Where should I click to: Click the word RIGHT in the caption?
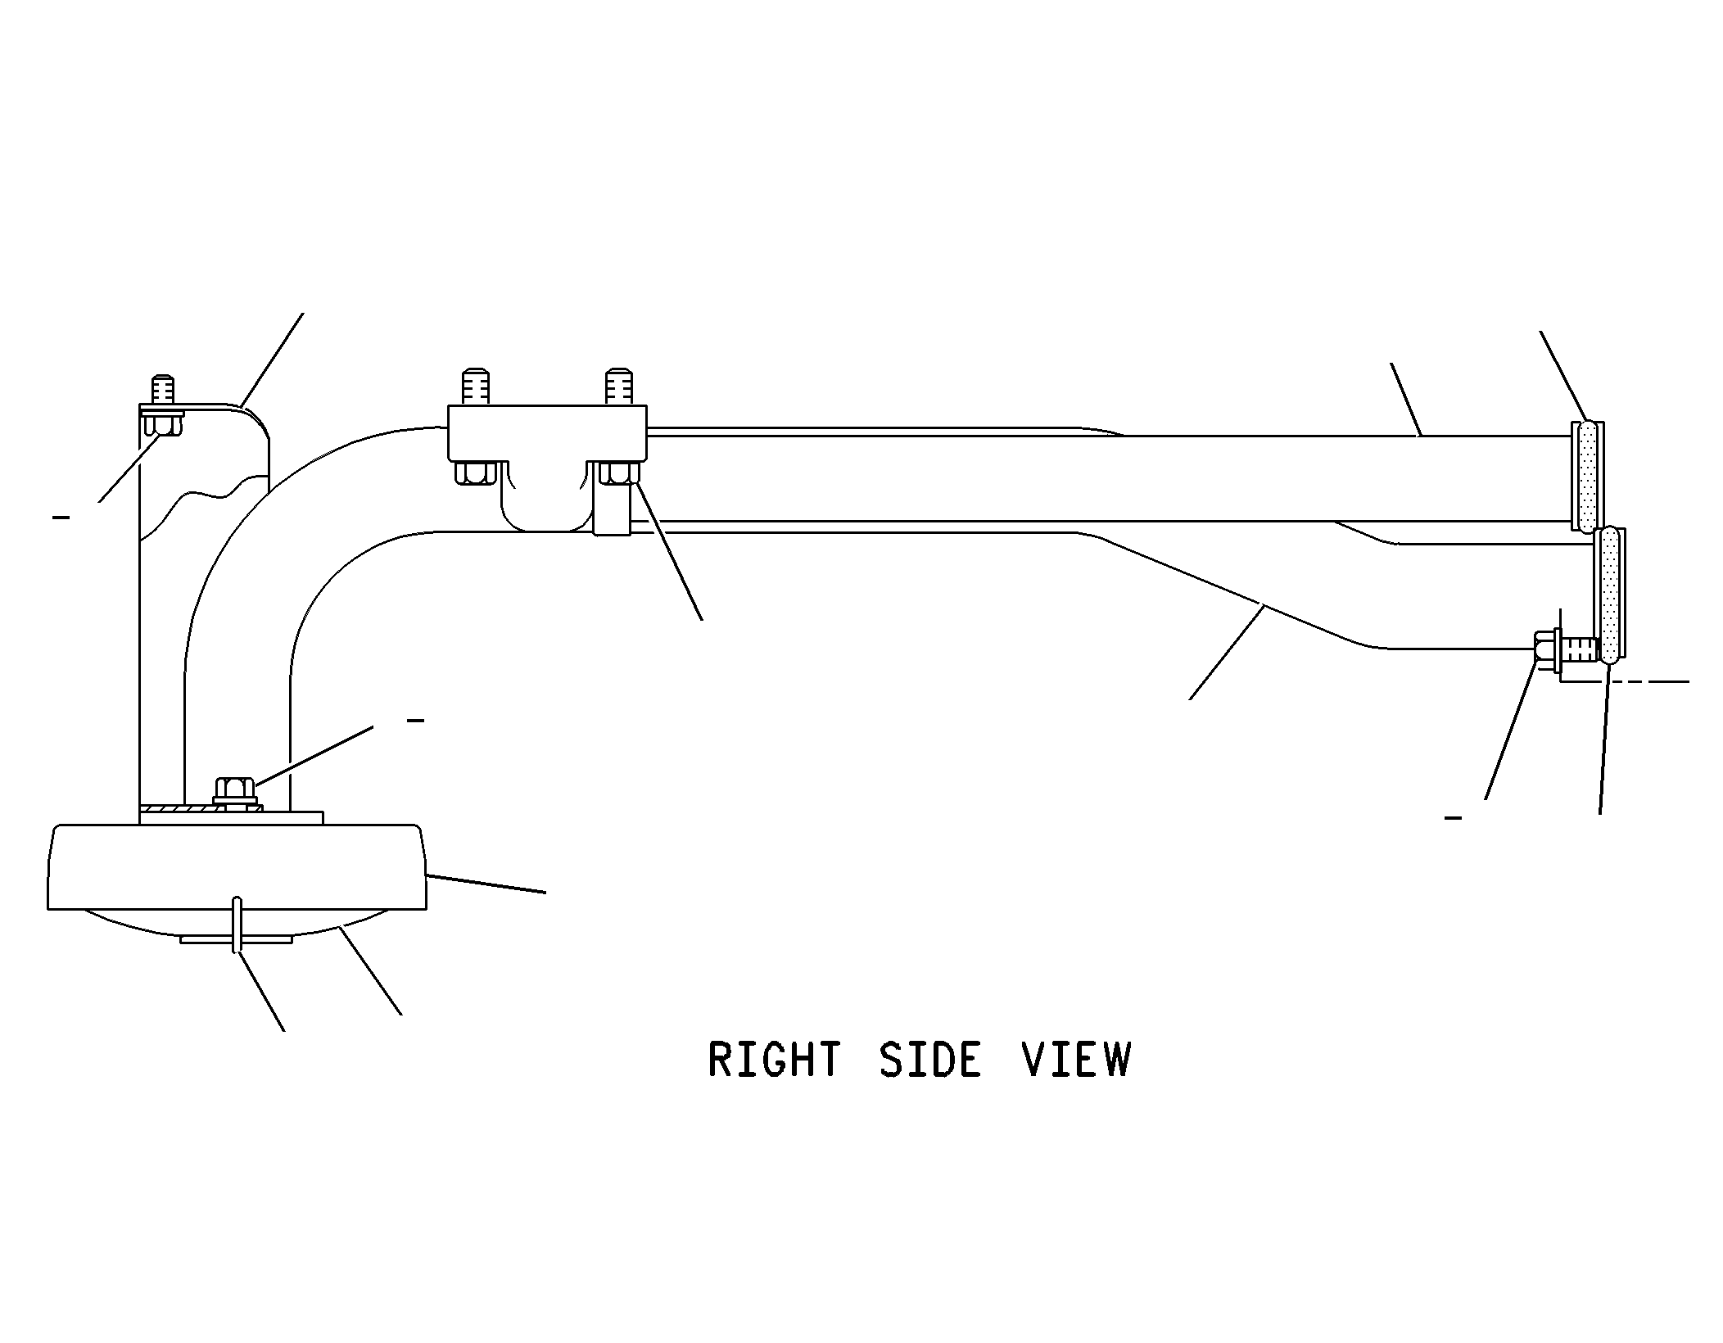[774, 1060]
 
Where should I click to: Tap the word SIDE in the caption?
[930, 1060]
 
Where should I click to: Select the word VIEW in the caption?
[1076, 1060]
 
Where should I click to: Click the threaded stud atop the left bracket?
[163, 389]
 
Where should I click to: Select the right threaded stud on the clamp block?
[618, 387]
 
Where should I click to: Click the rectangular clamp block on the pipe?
[547, 432]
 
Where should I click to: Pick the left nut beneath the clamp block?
[474, 473]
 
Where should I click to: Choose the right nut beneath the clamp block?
[619, 473]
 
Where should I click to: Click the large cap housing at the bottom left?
[237, 868]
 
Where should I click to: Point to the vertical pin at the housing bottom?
[237, 925]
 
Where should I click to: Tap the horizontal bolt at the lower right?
[1565, 650]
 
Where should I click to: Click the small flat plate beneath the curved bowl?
[236, 939]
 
